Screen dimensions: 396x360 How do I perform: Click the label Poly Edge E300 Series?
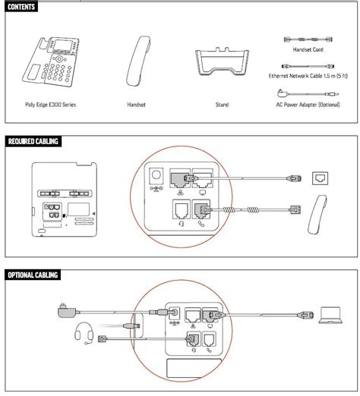pyautogui.click(x=47, y=104)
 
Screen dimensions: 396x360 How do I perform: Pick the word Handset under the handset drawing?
pyautogui.click(x=138, y=104)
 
